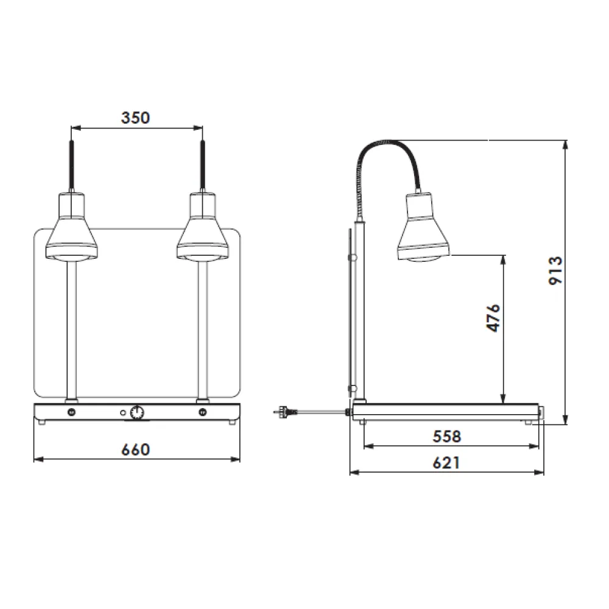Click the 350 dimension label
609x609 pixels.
pos(135,118)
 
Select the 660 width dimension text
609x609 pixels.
pos(135,449)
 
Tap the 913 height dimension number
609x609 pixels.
pos(555,270)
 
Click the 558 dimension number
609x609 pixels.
pos(446,436)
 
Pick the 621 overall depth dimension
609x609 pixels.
pos(446,463)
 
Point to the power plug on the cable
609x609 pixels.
pos(284,412)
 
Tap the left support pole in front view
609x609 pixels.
pos(72,329)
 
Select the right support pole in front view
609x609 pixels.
pos(202,329)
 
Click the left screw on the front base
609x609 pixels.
pos(72,412)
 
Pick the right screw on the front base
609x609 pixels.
pos(202,412)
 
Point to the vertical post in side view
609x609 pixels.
pos(360,311)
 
